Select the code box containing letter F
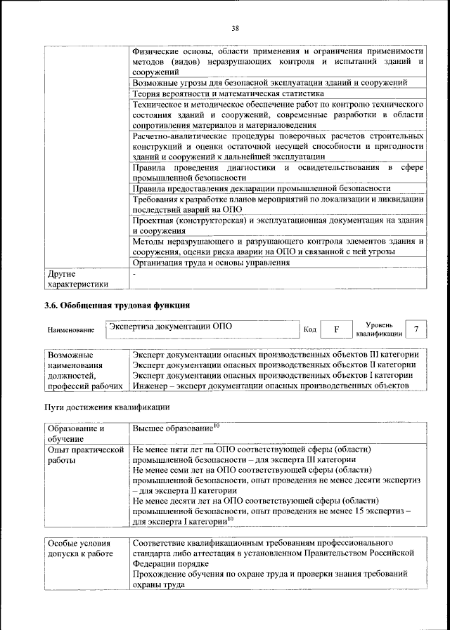click(x=336, y=329)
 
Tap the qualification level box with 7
click(x=416, y=329)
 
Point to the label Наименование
click(x=70, y=329)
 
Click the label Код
click(x=309, y=329)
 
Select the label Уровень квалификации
click(x=379, y=329)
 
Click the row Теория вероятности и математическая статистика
click(x=228, y=93)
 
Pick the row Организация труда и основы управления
click(x=211, y=263)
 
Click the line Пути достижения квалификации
click(x=107, y=407)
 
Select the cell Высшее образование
click(x=176, y=428)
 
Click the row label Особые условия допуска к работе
click(x=79, y=549)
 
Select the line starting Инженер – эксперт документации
click(x=269, y=386)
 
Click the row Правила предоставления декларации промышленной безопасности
click(x=261, y=188)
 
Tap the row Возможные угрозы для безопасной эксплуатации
click(x=270, y=82)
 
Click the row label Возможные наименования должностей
click(x=79, y=370)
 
